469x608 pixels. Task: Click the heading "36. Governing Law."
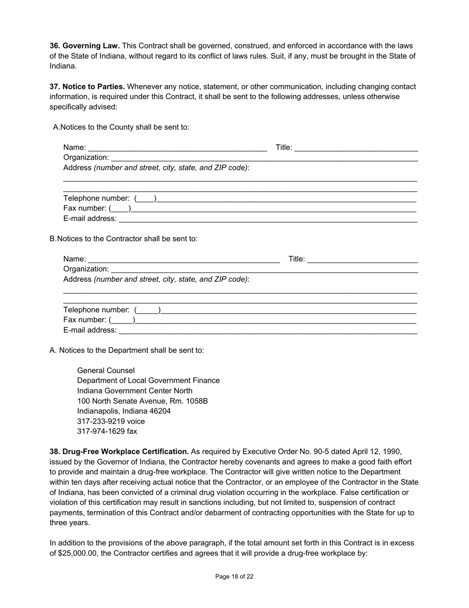tap(84, 45)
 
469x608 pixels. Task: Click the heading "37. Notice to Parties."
tap(87, 87)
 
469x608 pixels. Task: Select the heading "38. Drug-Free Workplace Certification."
tap(119, 451)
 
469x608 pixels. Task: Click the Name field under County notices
tap(178, 147)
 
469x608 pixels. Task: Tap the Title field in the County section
tap(356, 147)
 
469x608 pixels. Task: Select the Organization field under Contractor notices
tap(264, 269)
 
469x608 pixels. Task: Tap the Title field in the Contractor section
tap(362, 259)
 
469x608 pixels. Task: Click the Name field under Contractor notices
tap(184, 259)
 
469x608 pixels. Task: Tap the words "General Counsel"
tap(106, 370)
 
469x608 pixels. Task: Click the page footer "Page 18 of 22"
tap(234, 576)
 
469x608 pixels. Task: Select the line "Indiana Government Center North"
tap(135, 391)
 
